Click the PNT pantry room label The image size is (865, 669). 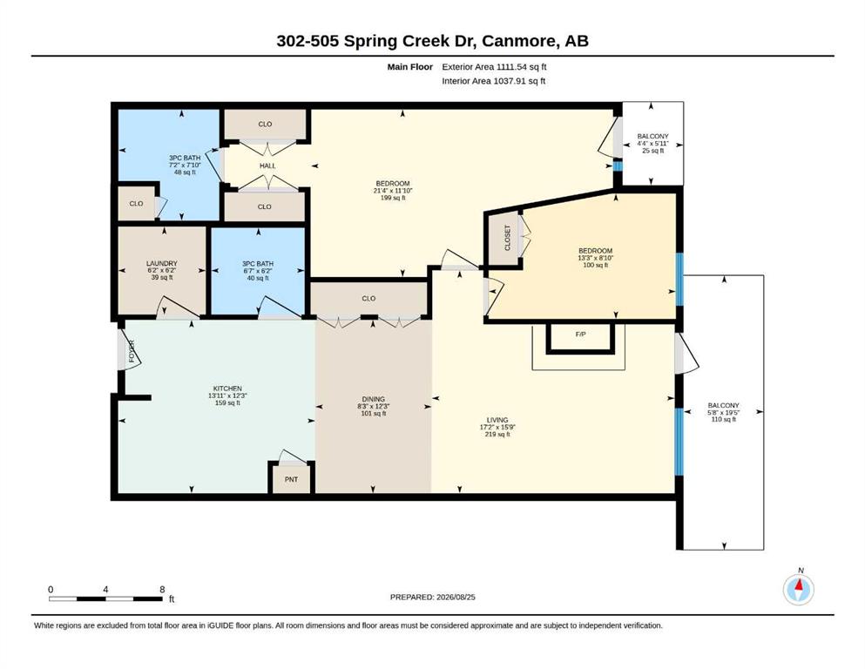291,479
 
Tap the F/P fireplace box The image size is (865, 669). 580,337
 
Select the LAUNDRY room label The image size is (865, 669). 162,264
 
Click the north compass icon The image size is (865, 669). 798,589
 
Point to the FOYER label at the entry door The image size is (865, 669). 132,351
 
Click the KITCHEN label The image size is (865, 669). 228,389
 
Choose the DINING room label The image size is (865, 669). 374,399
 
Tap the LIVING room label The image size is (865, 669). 497,420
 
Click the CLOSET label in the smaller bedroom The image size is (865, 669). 508,238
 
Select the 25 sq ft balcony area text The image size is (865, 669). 652,151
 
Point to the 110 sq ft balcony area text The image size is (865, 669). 723,419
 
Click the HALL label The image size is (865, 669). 267,166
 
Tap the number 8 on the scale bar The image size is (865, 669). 162,590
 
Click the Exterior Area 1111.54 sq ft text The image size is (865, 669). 494,67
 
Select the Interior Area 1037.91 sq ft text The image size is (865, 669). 494,81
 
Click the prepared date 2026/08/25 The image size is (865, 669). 456,597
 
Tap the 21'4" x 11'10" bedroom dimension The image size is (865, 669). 393,191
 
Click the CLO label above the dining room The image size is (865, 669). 368,299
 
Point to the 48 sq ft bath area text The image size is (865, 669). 185,172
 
